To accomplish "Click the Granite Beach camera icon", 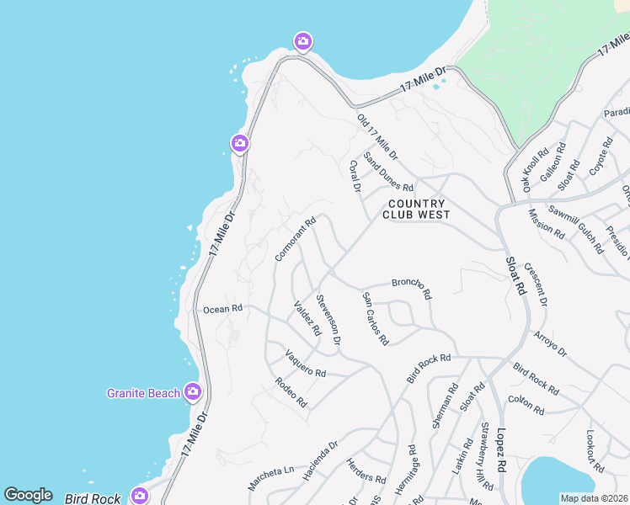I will (193, 391).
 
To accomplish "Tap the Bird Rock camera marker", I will (139, 496).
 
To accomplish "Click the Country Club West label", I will (415, 209).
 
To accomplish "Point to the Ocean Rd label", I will (222, 309).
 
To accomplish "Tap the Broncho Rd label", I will (411, 289).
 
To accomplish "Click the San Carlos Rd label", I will (375, 319).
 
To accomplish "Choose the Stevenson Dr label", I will (328, 320).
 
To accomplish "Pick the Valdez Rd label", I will (307, 318).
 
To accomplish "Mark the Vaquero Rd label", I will (305, 364).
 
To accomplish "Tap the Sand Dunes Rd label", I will (388, 172).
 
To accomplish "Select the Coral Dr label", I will (355, 175).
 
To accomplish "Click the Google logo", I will (28, 495).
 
